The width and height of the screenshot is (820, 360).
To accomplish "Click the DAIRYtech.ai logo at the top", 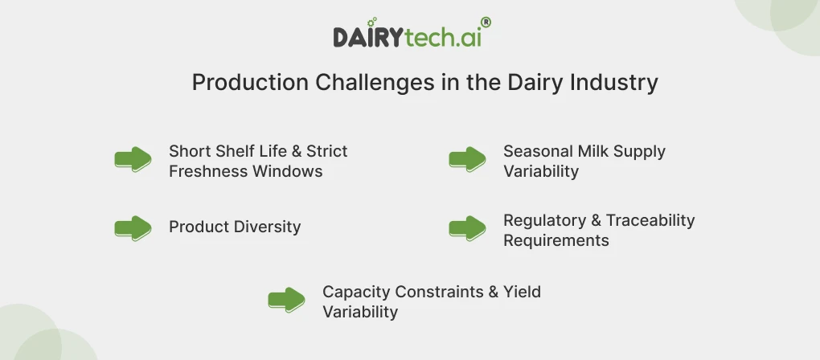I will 408,36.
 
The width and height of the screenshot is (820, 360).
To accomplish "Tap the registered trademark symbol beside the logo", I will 486,23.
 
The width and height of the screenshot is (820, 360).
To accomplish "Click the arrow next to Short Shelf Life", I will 133,159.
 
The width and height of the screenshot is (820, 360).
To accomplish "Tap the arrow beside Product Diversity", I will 133,228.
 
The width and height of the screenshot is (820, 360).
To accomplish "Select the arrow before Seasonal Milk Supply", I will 467,159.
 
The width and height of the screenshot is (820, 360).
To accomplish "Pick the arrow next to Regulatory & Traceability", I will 467,228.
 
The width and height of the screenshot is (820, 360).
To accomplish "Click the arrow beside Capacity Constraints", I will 286,301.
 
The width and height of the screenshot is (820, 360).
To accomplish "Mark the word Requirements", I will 556,240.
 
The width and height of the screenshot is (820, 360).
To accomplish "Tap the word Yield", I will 522,292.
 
